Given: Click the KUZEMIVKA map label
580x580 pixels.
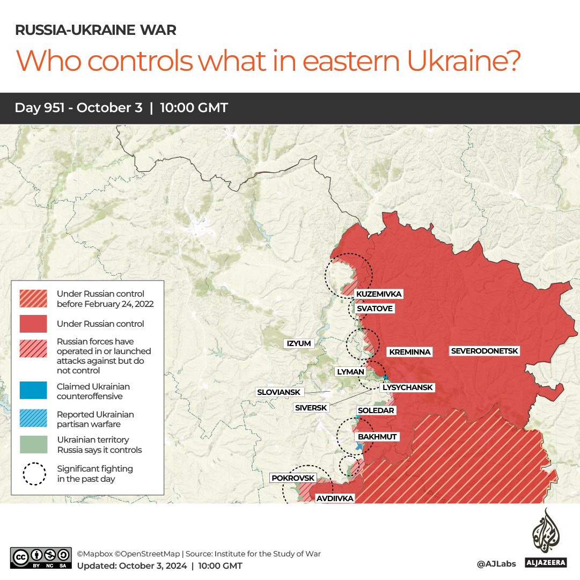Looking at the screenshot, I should click(x=379, y=294).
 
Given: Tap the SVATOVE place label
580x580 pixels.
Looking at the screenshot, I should click(x=375, y=309).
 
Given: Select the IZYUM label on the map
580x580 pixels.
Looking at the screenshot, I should click(x=299, y=343).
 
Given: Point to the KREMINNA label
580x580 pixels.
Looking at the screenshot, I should click(x=410, y=352).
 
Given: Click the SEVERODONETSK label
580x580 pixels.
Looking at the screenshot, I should click(x=484, y=351).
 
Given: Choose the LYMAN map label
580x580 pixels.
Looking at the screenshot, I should click(x=350, y=372).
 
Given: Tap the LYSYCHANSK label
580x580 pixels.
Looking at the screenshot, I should click(x=407, y=387).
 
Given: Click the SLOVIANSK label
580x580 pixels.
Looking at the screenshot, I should click(x=279, y=392).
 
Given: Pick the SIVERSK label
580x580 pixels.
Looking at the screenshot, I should click(x=311, y=408).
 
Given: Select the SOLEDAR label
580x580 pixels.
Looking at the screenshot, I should click(x=376, y=410).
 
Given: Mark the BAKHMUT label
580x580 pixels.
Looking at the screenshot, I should click(x=377, y=437).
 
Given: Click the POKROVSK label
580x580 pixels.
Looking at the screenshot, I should click(x=293, y=478).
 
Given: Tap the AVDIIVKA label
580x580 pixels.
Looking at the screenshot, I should click(x=335, y=498).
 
